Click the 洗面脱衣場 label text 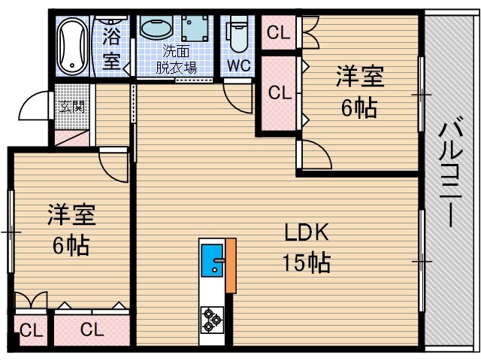point(177,59)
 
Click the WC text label point(239,65)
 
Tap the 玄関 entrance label point(72,106)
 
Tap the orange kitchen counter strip point(231,265)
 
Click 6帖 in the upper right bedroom point(358,108)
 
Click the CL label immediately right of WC point(279,33)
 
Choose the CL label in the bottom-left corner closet point(31,330)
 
